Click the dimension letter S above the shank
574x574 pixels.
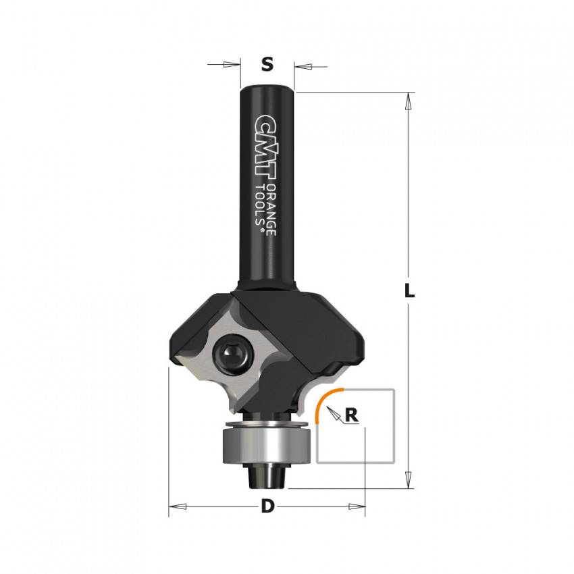[267, 64]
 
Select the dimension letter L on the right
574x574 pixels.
[409, 290]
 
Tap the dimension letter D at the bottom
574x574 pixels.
[267, 506]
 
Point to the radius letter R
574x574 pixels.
[351, 415]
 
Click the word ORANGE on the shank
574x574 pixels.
[271, 209]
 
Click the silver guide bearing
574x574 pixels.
[267, 446]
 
